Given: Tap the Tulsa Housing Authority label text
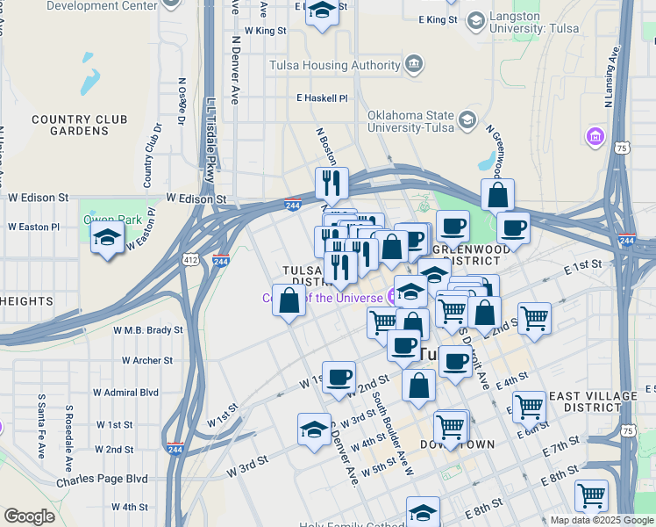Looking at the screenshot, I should tap(334, 65).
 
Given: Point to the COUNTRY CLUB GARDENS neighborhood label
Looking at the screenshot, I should tap(79, 126).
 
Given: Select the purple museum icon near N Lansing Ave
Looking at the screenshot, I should tap(595, 137).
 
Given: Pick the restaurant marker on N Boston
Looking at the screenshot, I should tap(332, 184).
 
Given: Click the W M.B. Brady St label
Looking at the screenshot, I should tap(148, 330).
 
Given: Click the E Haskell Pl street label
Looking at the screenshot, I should tap(322, 98).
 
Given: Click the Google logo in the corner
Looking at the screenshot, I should tap(29, 516).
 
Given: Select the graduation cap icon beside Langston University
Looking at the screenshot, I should tap(475, 20).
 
